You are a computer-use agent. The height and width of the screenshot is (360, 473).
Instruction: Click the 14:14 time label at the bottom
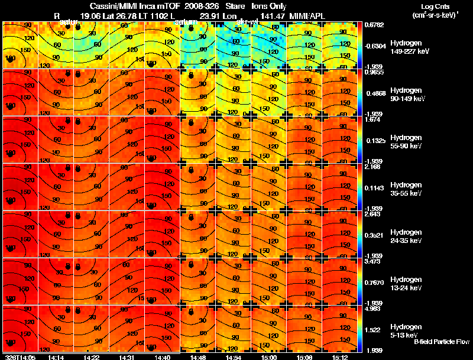pyautogui.click(x=56, y=357)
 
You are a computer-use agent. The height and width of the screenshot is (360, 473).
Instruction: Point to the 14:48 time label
pyautogui.click(x=199, y=357)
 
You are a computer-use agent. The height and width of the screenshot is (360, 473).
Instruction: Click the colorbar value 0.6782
pyautogui.click(x=374, y=25)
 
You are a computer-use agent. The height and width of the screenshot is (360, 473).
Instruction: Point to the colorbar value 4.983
pyautogui.click(x=374, y=308)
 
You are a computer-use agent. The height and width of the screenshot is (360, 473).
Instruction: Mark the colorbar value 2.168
pyautogui.click(x=374, y=167)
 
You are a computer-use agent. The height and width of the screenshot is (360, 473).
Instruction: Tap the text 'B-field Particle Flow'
pyautogui.click(x=442, y=342)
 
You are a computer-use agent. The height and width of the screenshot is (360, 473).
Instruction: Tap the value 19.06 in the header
pyautogui.click(x=90, y=15)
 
